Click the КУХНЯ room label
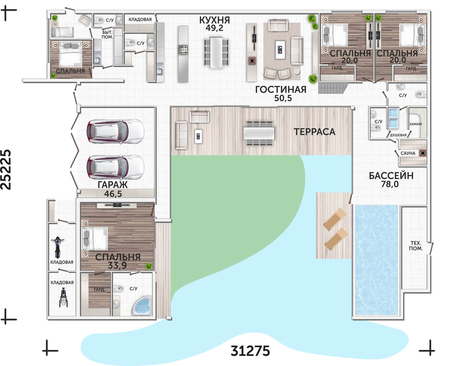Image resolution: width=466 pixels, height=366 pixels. tap(214, 20)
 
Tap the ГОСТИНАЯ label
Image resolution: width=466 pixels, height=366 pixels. tap(281, 89)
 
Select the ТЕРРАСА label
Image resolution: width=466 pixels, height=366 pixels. tap(314, 132)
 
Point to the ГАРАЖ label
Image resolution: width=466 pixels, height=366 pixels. tap(113, 185)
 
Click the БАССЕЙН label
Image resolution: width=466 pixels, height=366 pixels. tap(391, 176)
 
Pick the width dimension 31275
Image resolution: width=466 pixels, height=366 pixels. tap(250, 351)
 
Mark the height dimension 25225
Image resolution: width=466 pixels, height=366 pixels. tap(6, 170)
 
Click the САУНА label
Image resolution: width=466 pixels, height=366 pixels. tap(408, 153)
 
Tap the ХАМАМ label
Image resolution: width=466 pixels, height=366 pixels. tap(416, 124)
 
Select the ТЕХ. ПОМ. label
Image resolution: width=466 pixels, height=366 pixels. tap(416, 246)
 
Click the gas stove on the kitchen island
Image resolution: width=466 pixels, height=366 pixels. tap(183, 50)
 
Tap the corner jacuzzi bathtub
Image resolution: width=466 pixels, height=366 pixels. tap(142, 305)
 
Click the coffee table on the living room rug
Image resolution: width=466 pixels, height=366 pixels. tap(280, 50)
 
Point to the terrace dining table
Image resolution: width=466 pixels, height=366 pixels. tap(259, 133)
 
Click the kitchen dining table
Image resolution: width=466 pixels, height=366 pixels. tap(216, 52)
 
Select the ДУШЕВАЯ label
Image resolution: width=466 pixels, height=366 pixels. tap(398, 135)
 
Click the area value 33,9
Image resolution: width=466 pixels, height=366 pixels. tap(117, 265)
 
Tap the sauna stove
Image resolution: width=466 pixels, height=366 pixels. tap(423, 153)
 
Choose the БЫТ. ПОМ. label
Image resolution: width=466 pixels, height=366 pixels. tap(107, 35)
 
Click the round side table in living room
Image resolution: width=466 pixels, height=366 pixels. tap(297, 71)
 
